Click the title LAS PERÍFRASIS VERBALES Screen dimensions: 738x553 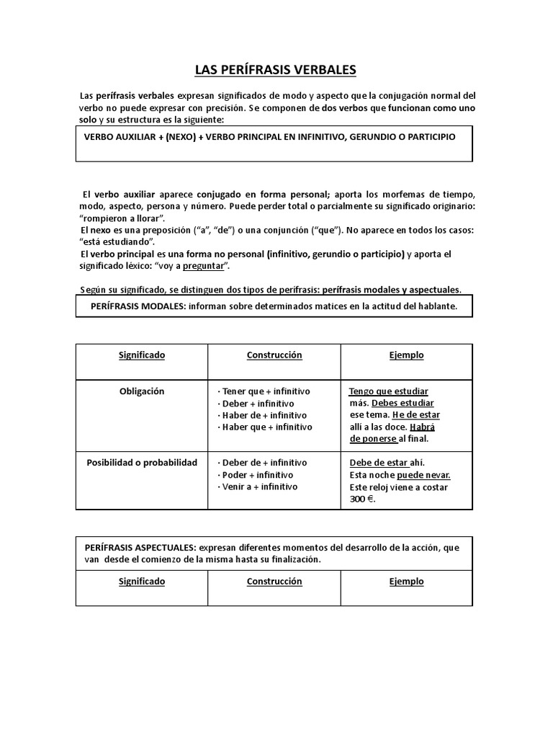(275, 70)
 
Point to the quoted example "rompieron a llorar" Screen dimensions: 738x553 (124, 218)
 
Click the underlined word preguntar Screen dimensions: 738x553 (204, 266)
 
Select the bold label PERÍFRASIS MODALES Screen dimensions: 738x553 (138, 306)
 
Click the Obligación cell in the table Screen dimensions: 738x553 (142, 391)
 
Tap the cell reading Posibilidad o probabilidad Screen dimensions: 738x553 (142, 463)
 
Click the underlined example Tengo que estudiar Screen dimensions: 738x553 (389, 391)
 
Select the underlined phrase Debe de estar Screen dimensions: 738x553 (379, 463)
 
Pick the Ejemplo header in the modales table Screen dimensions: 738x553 (407, 355)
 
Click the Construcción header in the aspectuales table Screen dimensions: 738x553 (274, 582)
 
